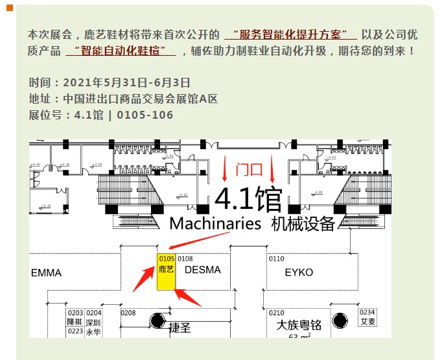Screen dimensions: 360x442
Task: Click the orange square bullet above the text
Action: [10, 8]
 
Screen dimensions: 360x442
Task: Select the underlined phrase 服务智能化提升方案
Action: [290, 34]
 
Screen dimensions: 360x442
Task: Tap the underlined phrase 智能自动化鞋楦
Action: [121, 50]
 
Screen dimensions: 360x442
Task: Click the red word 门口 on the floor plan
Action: [250, 170]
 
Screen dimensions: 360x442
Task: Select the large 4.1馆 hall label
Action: [248, 199]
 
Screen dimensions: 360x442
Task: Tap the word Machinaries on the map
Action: [215, 224]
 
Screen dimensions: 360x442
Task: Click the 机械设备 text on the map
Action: [303, 224]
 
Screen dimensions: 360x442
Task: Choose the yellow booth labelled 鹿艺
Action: [167, 272]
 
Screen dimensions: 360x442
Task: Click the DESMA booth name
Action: [203, 270]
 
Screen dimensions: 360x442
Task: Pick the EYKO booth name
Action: [298, 272]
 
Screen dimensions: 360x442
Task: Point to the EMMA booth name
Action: [47, 273]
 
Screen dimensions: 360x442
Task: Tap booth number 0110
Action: [276, 259]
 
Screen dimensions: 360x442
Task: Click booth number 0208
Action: [128, 313]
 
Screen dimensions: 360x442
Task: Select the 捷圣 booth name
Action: [180, 328]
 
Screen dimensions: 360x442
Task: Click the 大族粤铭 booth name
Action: [299, 324]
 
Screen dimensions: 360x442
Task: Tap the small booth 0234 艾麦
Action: [367, 317]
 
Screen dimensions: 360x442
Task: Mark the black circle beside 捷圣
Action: [157, 320]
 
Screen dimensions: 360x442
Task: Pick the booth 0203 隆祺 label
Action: [75, 318]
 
